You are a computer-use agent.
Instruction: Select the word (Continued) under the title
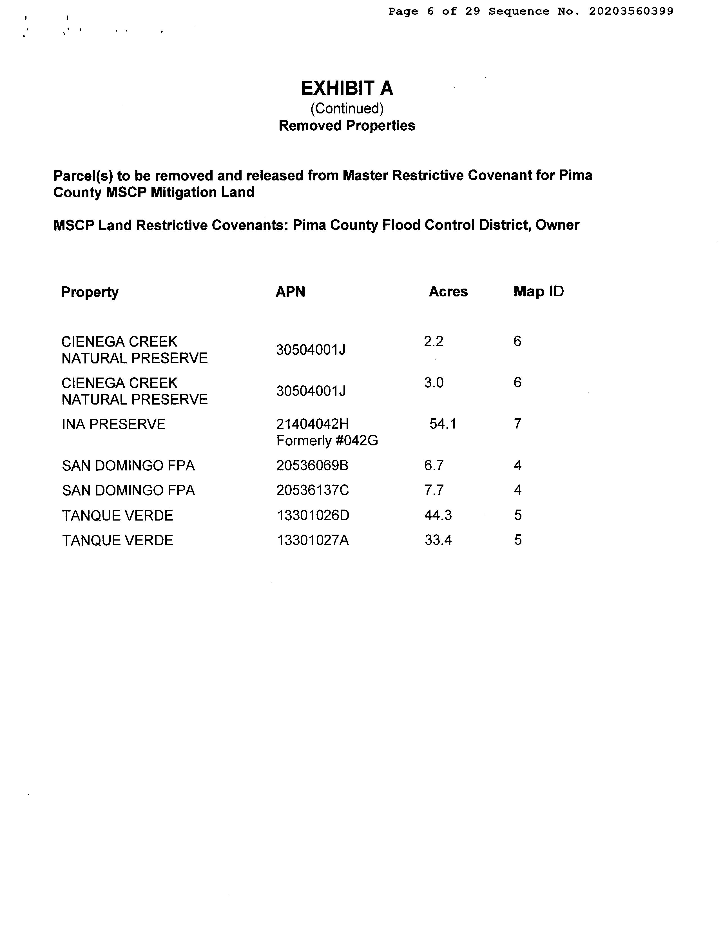point(347,108)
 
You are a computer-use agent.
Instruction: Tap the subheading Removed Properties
point(347,126)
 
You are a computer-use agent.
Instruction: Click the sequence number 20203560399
point(631,11)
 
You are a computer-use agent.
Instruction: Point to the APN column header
point(291,292)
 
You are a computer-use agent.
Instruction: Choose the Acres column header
point(448,292)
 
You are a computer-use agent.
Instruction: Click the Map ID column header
point(538,292)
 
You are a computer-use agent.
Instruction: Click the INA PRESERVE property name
point(114,424)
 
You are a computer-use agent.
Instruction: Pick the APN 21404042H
point(313,424)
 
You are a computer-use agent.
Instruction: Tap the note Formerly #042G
point(327,441)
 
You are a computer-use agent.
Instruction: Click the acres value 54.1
point(443,424)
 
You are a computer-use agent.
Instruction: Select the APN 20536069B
point(313,466)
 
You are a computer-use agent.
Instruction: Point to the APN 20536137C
point(313,490)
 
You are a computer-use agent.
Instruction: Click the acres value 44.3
point(438,515)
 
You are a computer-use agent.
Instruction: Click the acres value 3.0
point(434,383)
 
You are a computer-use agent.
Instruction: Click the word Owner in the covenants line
point(557,225)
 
